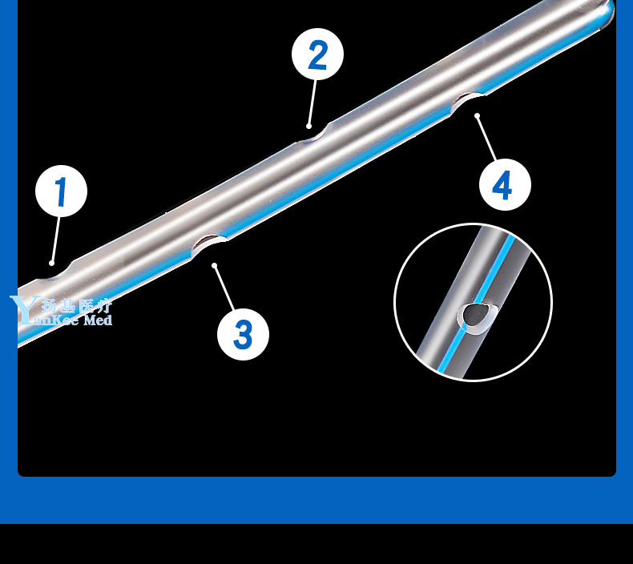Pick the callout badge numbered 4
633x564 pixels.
pos(505,185)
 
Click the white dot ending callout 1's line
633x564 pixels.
pos(52,262)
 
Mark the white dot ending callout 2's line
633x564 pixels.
pos(309,126)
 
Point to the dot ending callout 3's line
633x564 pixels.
pos(214,265)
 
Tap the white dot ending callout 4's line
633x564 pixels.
pos(478,117)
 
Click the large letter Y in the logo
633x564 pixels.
pos(20,309)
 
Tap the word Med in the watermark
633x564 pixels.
pos(98,320)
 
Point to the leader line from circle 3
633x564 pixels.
pos(224,289)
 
